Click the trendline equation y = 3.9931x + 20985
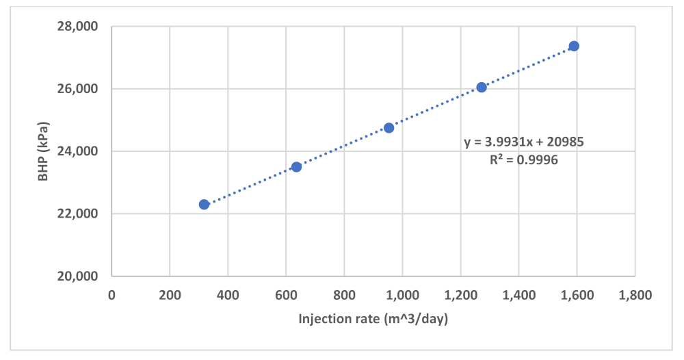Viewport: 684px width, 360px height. click(x=524, y=142)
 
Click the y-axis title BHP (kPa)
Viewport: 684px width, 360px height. click(x=42, y=151)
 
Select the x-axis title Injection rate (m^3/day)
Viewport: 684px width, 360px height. click(x=373, y=319)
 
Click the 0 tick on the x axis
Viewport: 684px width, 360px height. click(x=112, y=296)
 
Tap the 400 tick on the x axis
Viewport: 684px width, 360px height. click(x=228, y=296)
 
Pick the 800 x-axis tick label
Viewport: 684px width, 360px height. click(x=344, y=296)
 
